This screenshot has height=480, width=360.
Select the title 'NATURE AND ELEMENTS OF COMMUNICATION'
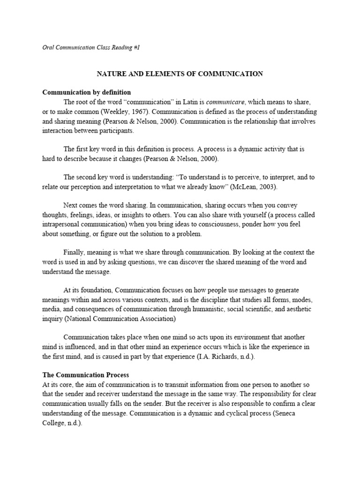click(180, 74)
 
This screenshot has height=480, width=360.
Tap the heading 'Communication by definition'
click(87, 92)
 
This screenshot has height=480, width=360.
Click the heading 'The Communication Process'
click(86, 375)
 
